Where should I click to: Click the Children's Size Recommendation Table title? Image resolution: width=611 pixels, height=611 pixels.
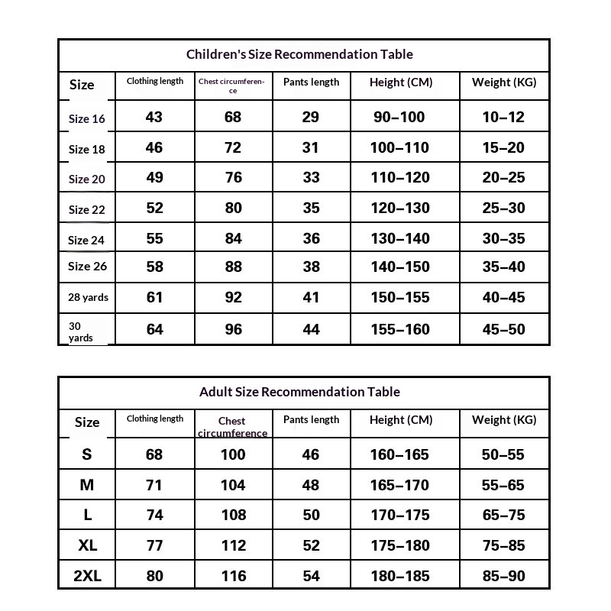pyautogui.click(x=299, y=54)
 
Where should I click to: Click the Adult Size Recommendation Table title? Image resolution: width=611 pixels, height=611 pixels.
pyautogui.click(x=299, y=392)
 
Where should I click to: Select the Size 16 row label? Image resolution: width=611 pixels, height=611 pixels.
pyautogui.click(x=87, y=118)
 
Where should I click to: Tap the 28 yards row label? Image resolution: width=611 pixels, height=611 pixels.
pyautogui.click(x=88, y=297)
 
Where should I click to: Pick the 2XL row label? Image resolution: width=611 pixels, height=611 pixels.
pyautogui.click(x=87, y=576)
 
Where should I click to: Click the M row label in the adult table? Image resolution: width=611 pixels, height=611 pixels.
pyautogui.click(x=87, y=485)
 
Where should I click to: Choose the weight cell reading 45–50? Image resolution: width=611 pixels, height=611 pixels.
pyautogui.click(x=503, y=329)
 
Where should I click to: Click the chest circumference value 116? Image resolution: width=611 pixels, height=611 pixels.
pyautogui.click(x=233, y=576)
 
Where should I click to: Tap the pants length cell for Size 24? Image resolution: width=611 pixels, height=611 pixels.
pyautogui.click(x=311, y=238)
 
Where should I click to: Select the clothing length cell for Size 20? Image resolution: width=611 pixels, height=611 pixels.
pyautogui.click(x=154, y=177)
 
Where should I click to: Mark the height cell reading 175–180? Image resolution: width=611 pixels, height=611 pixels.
pyautogui.click(x=399, y=545)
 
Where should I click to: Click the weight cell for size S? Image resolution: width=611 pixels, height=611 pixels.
pyautogui.click(x=503, y=454)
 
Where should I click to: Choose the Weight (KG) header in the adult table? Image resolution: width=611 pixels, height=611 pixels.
pyautogui.click(x=504, y=419)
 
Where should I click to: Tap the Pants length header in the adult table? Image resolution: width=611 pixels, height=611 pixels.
pyautogui.click(x=311, y=419)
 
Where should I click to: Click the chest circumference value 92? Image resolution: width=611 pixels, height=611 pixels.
pyautogui.click(x=233, y=297)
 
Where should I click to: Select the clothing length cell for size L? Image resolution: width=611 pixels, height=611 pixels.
pyautogui.click(x=154, y=515)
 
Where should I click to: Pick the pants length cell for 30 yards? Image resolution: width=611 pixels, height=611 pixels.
pyautogui.click(x=311, y=329)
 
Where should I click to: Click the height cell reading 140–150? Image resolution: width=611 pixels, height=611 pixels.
pyautogui.click(x=399, y=267)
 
